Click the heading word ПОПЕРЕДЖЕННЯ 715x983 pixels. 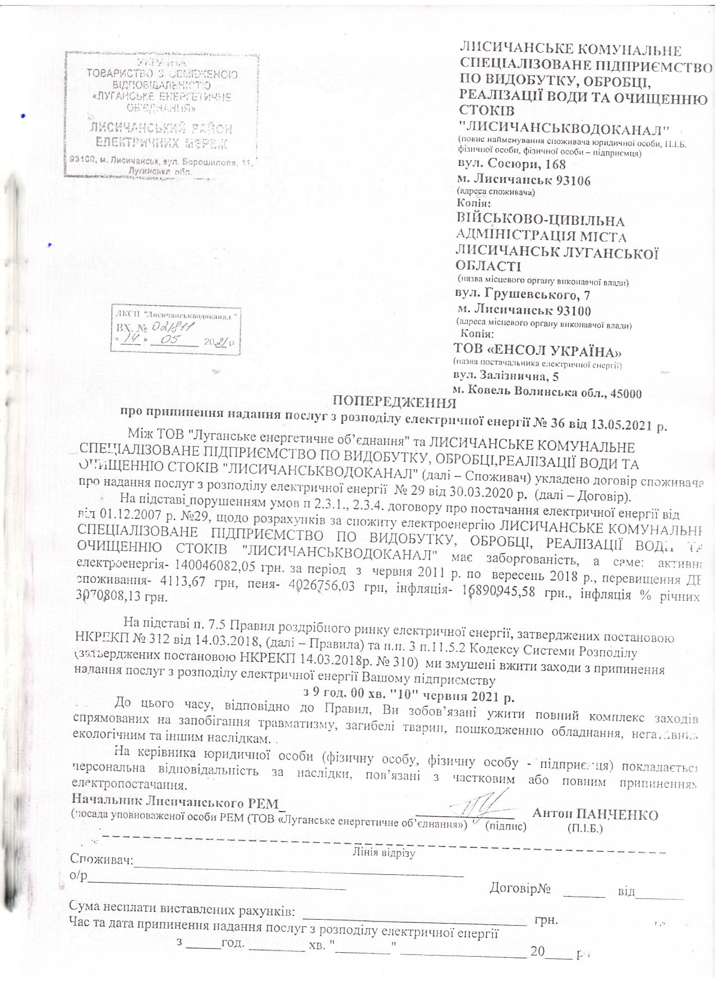coord(394,402)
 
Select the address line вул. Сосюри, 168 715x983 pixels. coord(512,164)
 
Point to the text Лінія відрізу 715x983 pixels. coord(383,853)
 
